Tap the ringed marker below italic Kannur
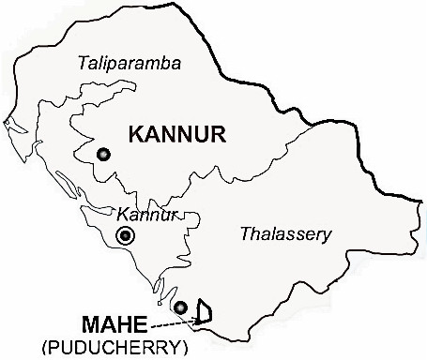click(125, 236)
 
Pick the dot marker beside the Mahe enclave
click(180, 307)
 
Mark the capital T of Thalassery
click(244, 232)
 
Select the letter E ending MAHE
click(136, 325)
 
